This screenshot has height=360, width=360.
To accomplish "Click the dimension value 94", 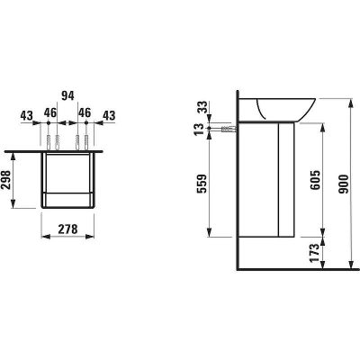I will point(66,93).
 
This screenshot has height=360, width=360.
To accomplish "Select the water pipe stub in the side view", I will point(230,129).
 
